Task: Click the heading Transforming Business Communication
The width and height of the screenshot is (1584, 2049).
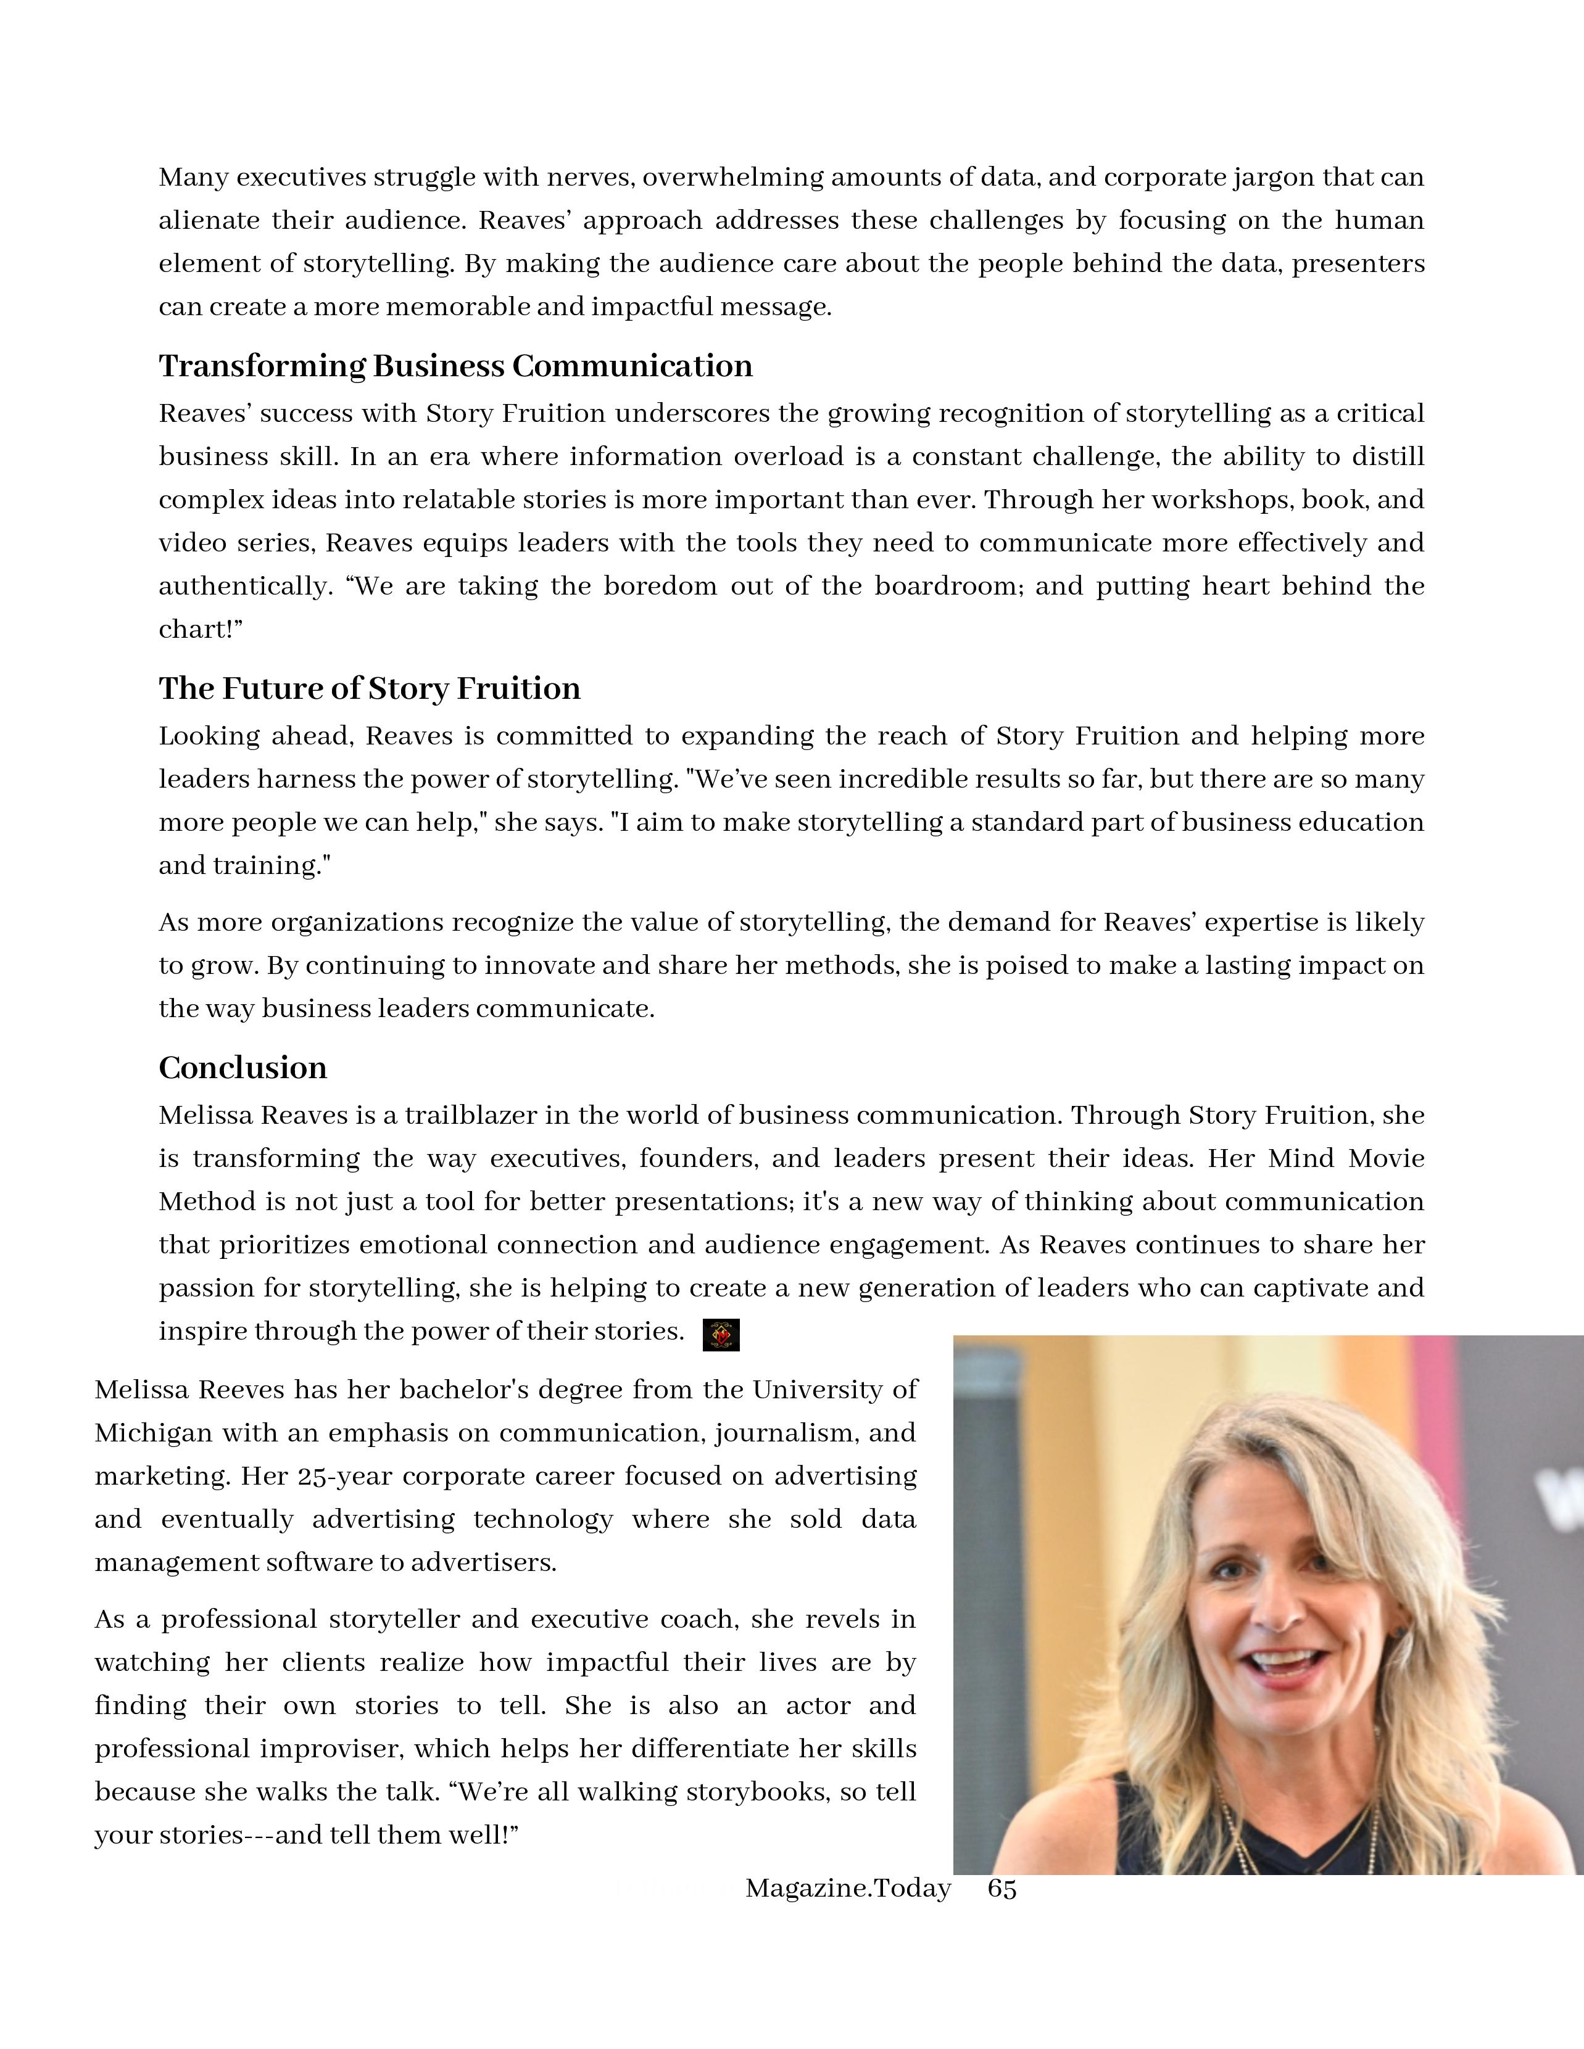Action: tap(455, 366)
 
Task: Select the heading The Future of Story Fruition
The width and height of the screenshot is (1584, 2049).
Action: tap(369, 688)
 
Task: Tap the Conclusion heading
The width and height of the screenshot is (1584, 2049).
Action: tap(242, 1068)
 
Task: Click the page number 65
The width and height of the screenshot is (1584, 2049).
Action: tap(1002, 1889)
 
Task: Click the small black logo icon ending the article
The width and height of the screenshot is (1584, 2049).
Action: tap(721, 1334)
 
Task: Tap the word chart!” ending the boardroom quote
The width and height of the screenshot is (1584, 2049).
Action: tap(200, 630)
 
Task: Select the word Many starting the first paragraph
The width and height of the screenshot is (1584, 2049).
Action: tap(193, 177)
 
